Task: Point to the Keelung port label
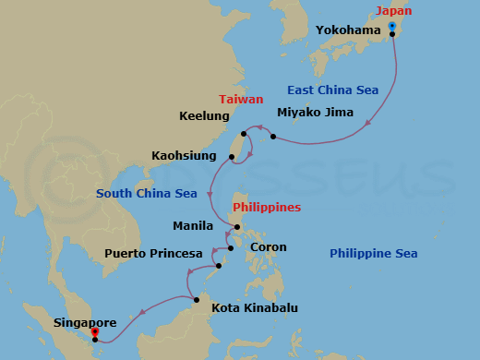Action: click(x=204, y=116)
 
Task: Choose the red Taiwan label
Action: click(x=241, y=99)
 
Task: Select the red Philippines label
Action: click(x=266, y=208)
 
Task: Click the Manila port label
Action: click(x=193, y=226)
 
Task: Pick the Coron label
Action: click(x=269, y=247)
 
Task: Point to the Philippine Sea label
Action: click(x=374, y=254)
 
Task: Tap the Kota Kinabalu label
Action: click(x=255, y=307)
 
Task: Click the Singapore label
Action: click(x=85, y=323)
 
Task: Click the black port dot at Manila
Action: click(x=237, y=227)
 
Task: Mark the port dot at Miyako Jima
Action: click(x=274, y=138)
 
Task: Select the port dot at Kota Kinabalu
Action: click(x=197, y=298)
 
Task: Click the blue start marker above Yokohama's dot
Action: click(x=392, y=25)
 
